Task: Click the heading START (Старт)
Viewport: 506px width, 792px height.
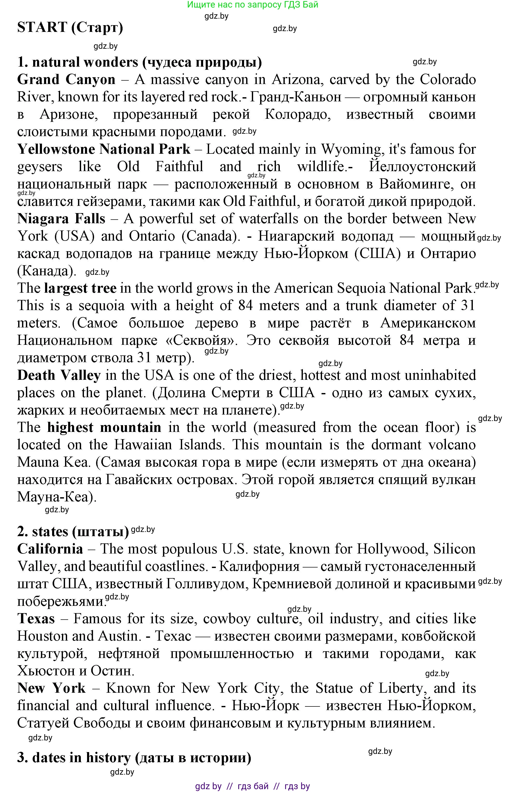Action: [x=70, y=27]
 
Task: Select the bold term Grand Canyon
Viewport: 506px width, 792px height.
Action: [x=66, y=80]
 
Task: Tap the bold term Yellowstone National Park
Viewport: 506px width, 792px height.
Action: [x=104, y=149]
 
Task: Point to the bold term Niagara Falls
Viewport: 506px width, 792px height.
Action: [x=61, y=219]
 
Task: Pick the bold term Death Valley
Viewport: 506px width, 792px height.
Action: [x=59, y=376]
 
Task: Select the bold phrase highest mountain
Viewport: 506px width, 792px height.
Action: [x=104, y=427]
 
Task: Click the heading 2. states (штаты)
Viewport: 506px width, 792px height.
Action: [x=73, y=532]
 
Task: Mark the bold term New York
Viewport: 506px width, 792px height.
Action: [x=51, y=688]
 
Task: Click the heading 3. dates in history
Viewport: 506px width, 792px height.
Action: [x=134, y=758]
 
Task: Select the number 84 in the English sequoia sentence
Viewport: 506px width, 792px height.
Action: [x=246, y=306]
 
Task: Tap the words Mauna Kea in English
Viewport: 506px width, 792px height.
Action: [x=54, y=462]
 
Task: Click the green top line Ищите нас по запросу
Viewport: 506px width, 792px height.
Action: [x=253, y=5]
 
